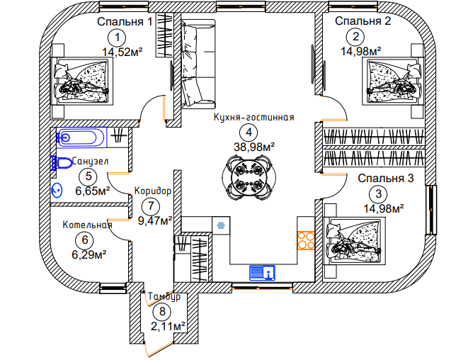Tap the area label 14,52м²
[123, 52]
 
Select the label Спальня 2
[363, 21]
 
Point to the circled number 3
[379, 193]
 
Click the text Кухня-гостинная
[253, 118]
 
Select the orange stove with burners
[306, 240]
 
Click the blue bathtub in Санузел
[80, 137]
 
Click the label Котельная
[86, 225]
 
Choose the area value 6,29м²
[91, 254]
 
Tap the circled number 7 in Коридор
[150, 206]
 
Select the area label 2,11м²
[168, 326]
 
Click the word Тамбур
[164, 296]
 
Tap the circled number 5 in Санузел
[89, 176]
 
